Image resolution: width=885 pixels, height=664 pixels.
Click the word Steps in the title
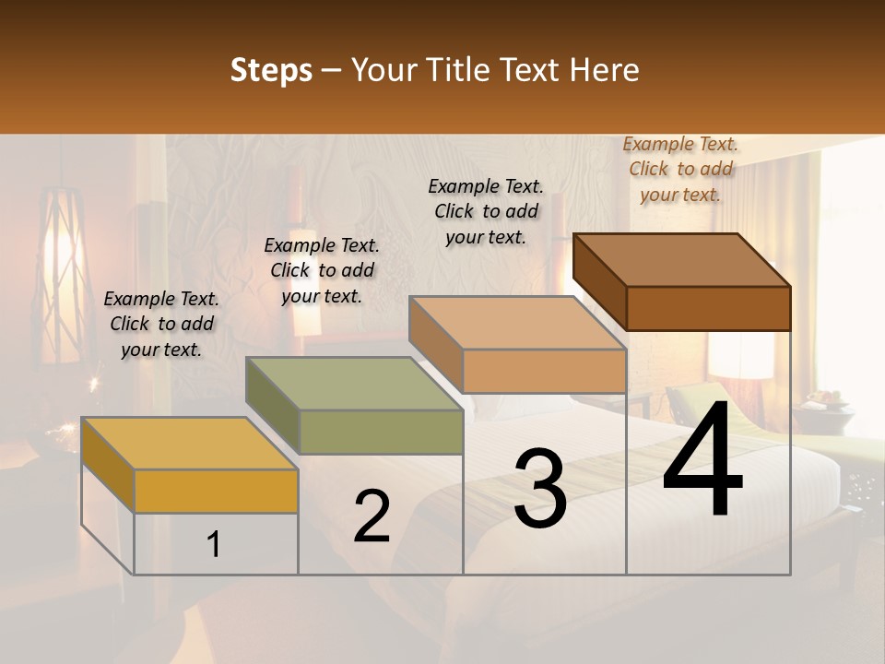271,70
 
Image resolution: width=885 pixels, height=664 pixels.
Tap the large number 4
702,461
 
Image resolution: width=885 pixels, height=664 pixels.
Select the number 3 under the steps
539,489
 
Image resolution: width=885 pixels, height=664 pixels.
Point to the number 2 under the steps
372,516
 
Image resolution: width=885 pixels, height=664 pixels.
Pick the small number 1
214,545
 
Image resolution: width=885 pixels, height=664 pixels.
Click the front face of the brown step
708,308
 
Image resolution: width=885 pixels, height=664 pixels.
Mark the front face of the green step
381,432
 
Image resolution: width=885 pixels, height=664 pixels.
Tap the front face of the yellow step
216,491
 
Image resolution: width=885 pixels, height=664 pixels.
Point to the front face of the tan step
544,371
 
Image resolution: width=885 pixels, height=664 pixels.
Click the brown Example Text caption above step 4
680,169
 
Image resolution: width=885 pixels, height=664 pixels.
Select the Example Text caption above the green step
322,270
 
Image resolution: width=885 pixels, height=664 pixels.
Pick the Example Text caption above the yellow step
161,324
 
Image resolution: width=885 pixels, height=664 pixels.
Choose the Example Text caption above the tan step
486,211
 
